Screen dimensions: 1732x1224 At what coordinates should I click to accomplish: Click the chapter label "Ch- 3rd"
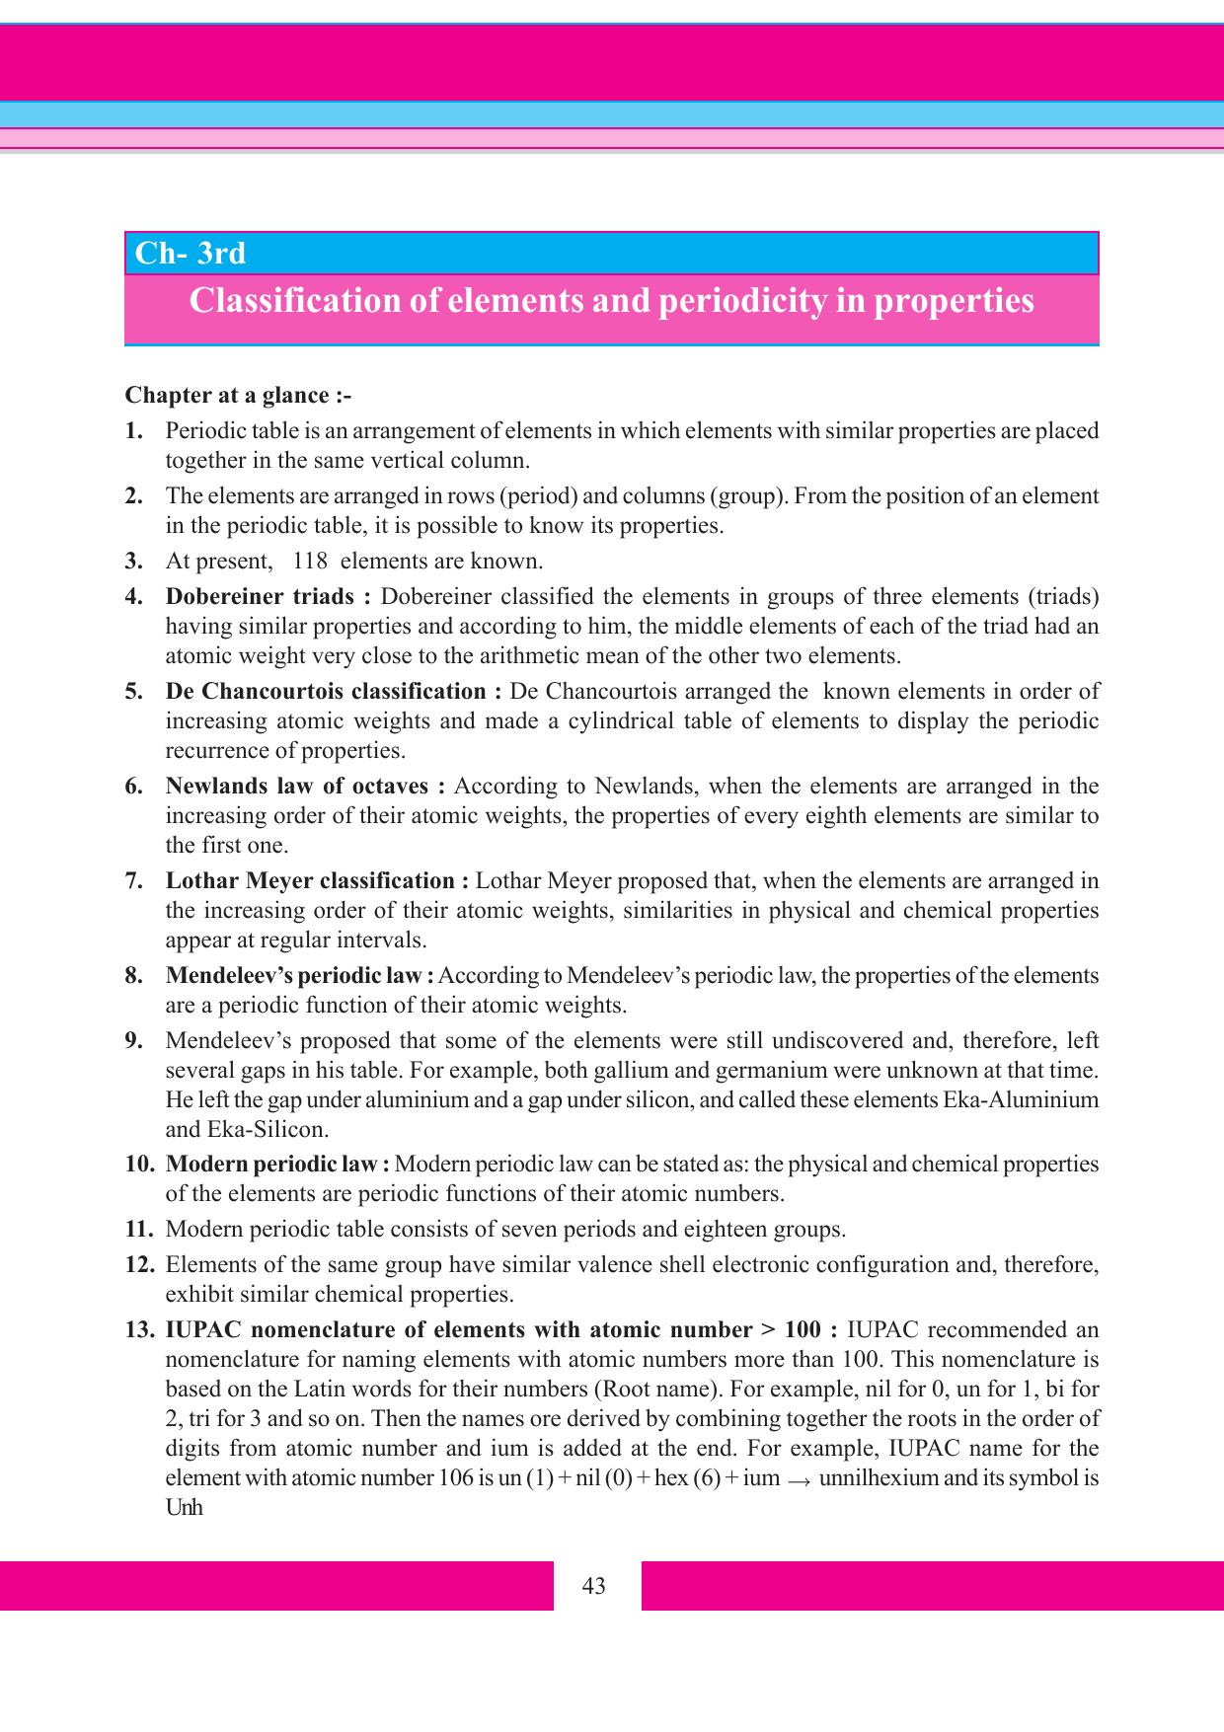coord(191,254)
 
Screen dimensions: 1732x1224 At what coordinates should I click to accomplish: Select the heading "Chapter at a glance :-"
coord(238,396)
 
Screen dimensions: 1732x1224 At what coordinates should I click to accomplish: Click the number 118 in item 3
coord(310,562)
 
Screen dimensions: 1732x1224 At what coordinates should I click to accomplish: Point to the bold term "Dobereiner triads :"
coord(268,597)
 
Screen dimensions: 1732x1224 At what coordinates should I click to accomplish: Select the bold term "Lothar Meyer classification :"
coord(317,881)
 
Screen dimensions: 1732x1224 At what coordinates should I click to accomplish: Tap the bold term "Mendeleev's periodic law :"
coord(300,976)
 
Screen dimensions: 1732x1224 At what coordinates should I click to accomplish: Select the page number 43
coord(594,1586)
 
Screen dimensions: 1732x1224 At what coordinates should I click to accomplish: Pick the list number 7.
coord(134,881)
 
